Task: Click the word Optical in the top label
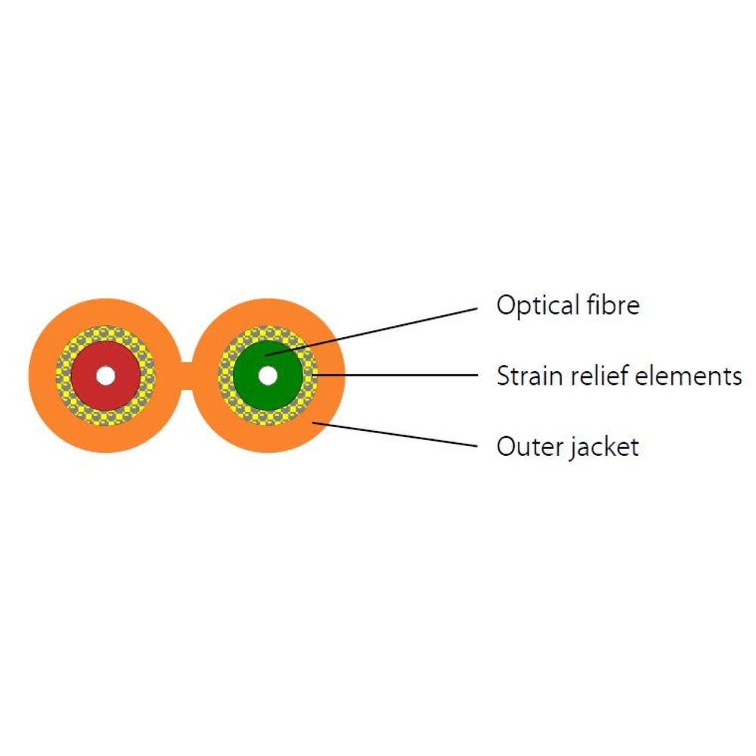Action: pyautogui.click(x=537, y=305)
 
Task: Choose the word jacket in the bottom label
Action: pyautogui.click(x=602, y=448)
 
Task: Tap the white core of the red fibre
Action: pyautogui.click(x=105, y=375)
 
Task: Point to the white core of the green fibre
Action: pyautogui.click(x=268, y=375)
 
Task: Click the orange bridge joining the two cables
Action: pyautogui.click(x=187, y=376)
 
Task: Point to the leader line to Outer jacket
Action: pyautogui.click(x=401, y=435)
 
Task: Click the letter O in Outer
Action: pyautogui.click(x=504, y=446)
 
